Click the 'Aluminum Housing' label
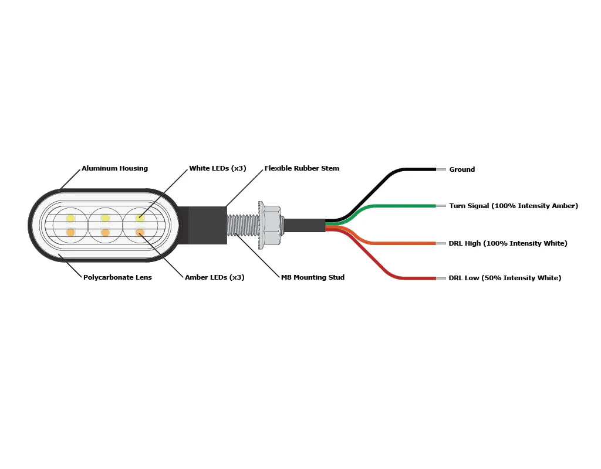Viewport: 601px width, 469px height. [x=114, y=168]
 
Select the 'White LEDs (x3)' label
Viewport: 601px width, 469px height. [x=217, y=168]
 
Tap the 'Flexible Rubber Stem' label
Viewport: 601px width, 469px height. [x=302, y=168]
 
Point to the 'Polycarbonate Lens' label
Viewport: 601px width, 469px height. [x=117, y=277]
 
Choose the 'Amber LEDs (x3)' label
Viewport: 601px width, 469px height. [x=214, y=277]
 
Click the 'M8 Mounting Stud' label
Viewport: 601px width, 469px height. [x=312, y=277]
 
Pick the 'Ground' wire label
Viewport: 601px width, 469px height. [x=462, y=169]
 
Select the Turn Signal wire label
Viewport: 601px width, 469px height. [x=514, y=206]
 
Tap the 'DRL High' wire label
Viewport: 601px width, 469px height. [x=508, y=243]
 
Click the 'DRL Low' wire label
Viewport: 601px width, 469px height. [x=505, y=278]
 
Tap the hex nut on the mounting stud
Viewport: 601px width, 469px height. [x=271, y=225]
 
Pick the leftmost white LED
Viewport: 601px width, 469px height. [x=70, y=218]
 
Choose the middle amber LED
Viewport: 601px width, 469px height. [x=105, y=233]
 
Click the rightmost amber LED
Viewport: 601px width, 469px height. [x=140, y=233]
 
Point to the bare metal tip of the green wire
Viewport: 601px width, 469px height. [x=441, y=206]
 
